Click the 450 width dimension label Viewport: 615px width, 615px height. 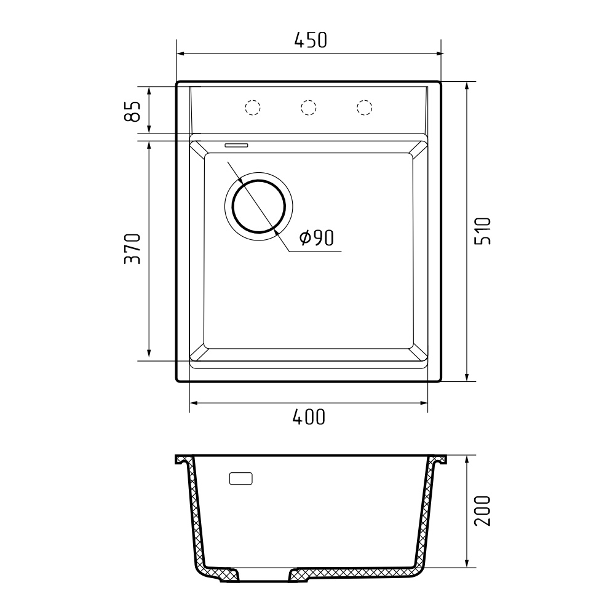tap(310, 40)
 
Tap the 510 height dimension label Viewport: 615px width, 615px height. tap(482, 231)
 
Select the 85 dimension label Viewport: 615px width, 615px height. tap(132, 111)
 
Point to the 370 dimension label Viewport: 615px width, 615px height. tap(132, 248)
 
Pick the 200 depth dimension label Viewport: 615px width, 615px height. tap(482, 510)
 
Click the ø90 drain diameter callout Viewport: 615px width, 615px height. tap(316, 237)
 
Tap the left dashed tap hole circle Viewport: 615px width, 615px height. tap(253, 107)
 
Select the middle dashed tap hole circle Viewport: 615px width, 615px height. tap(308, 107)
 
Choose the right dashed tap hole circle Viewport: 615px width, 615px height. tap(364, 107)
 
